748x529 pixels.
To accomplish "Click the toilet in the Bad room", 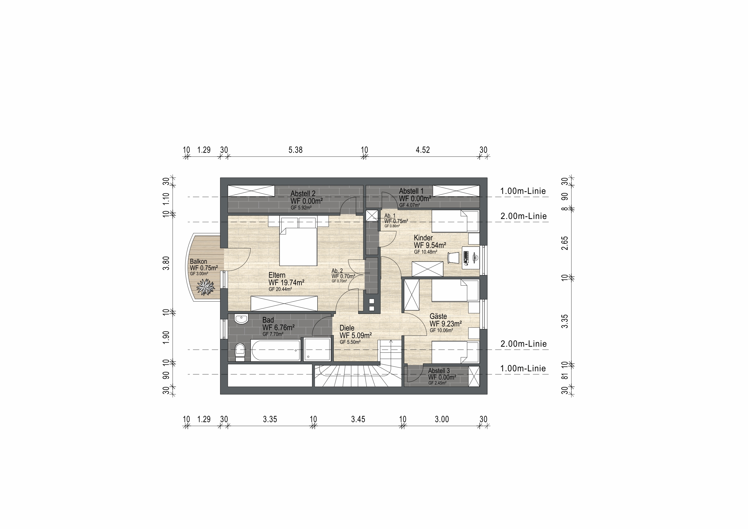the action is click(x=240, y=352).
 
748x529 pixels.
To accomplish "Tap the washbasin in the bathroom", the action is click(x=241, y=319).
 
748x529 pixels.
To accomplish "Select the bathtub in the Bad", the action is click(x=276, y=350).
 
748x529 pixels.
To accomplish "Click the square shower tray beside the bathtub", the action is click(x=317, y=349).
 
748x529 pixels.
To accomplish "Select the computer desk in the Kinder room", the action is click(x=471, y=258).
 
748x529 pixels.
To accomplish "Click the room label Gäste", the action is click(x=438, y=316).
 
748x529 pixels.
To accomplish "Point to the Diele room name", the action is click(x=347, y=328).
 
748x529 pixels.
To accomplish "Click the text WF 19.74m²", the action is click(x=286, y=283).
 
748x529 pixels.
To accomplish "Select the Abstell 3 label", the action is click(x=439, y=371).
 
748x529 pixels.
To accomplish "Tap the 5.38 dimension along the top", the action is click(x=295, y=150).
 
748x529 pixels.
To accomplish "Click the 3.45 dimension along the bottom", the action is click(x=358, y=419).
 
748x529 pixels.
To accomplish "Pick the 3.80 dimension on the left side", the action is click(x=166, y=263).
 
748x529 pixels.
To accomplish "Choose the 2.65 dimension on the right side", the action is click(x=565, y=243).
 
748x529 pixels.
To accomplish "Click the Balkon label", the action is click(x=198, y=261).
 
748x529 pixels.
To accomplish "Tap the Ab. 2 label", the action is click(x=337, y=271).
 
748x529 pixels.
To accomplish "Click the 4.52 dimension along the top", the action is click(x=423, y=150).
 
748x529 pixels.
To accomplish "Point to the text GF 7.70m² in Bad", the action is click(x=273, y=334).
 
